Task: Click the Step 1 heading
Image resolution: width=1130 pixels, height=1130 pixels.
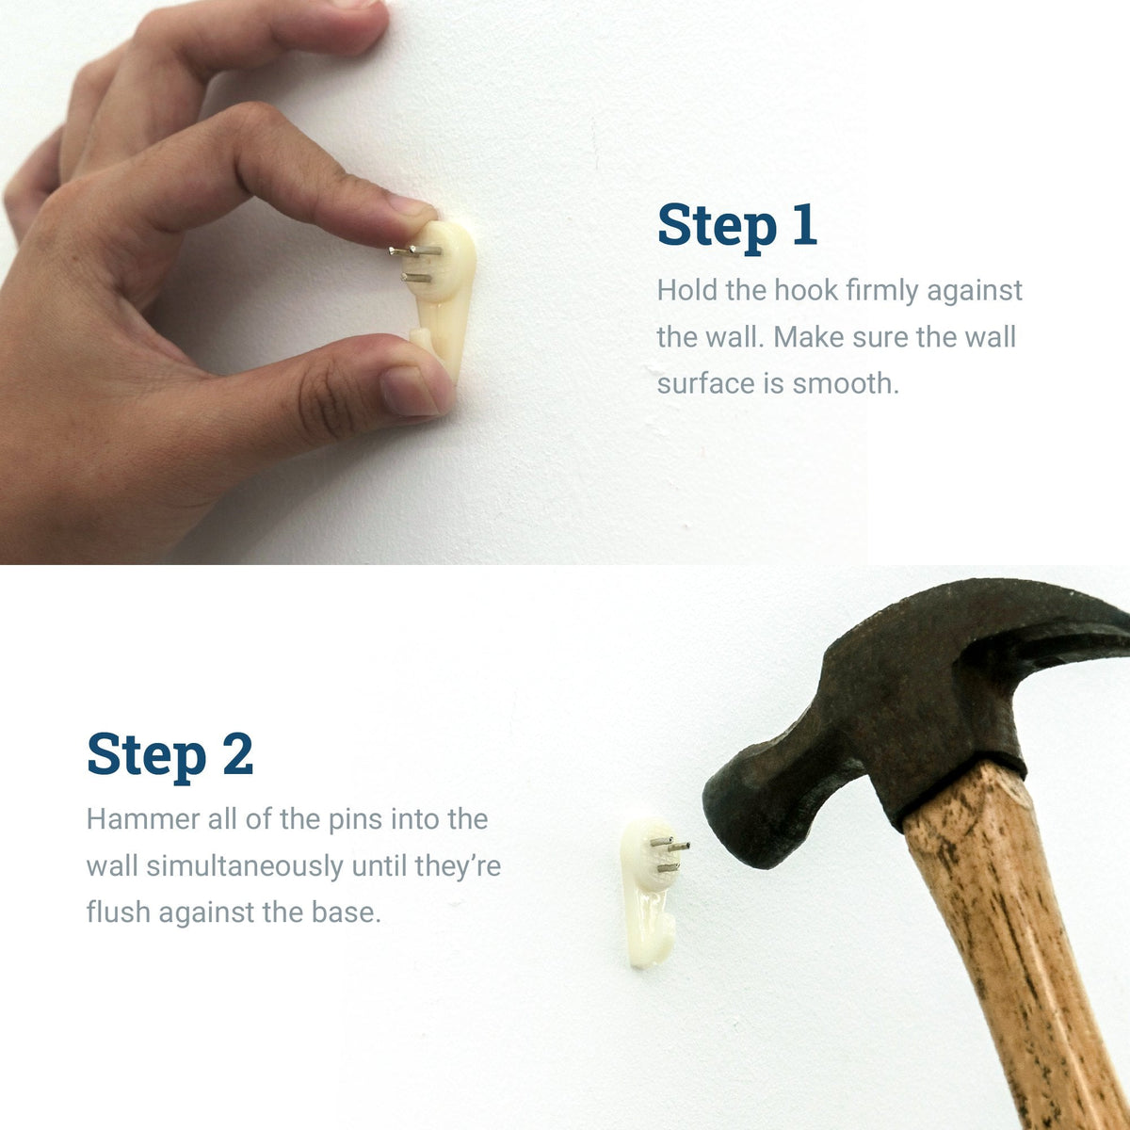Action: point(736,226)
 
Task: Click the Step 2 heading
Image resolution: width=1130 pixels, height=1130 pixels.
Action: point(170,755)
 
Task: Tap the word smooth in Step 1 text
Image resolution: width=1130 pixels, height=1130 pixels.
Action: point(845,384)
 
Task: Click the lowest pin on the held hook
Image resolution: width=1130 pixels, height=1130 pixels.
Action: point(415,278)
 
